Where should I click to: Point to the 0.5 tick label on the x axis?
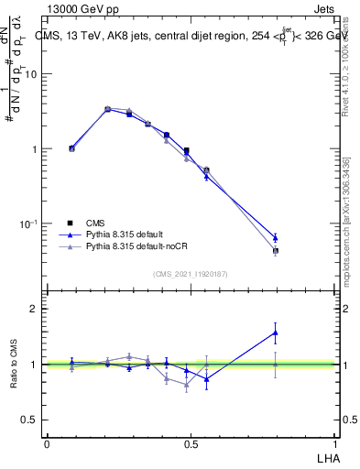[x=191, y=443]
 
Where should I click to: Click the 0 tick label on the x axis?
[x=47, y=443]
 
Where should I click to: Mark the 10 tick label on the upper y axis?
[x=30, y=74]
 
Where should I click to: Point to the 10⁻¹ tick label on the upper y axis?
[x=28, y=224]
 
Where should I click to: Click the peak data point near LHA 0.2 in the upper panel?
[x=108, y=109]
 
